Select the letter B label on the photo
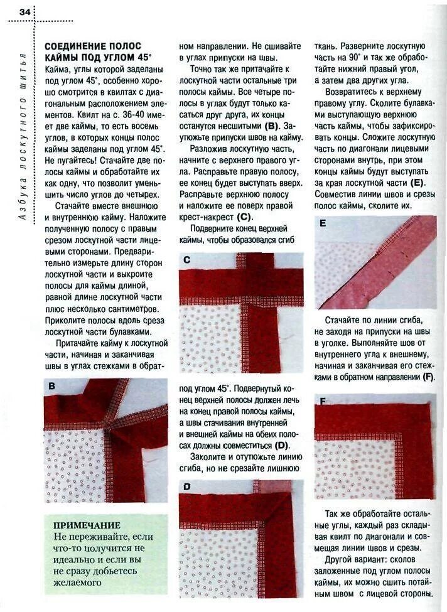[x=53, y=387]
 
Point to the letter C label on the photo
[x=186, y=259]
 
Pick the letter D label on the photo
[x=186, y=486]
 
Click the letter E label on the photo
[x=322, y=223]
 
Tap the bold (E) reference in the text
[x=417, y=183]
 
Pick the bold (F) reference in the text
[x=429, y=377]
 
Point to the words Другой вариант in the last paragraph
[x=357, y=559]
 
